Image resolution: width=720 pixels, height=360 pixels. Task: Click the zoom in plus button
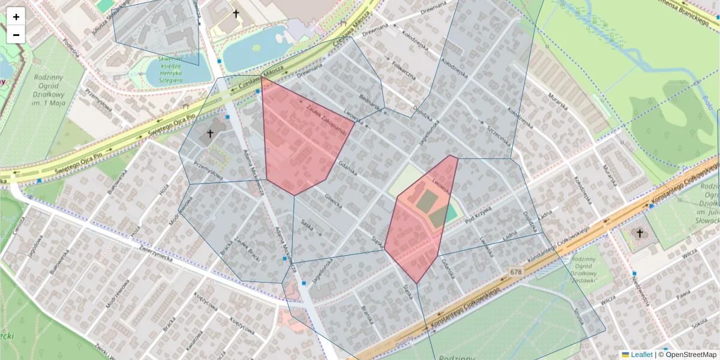coord(16,17)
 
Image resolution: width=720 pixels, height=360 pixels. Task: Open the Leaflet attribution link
coord(641,355)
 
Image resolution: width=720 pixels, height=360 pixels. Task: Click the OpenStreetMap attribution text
coord(690,355)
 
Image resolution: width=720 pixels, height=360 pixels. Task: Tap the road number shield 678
coord(515,272)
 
